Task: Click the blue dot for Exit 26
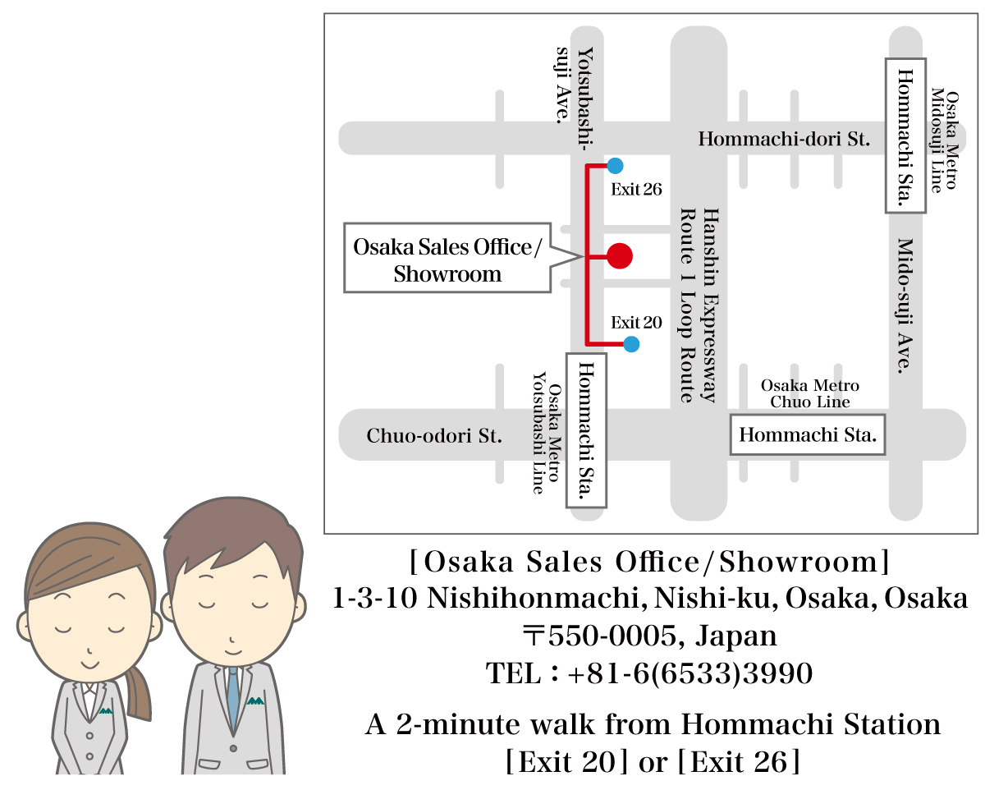(x=615, y=164)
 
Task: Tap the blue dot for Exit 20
(x=631, y=344)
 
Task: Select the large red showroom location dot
(x=620, y=256)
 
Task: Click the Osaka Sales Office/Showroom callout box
(x=447, y=258)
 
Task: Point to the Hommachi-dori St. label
(x=783, y=140)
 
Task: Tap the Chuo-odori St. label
(x=434, y=436)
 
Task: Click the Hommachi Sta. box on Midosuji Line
(x=905, y=135)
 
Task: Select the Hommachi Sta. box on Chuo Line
(x=809, y=434)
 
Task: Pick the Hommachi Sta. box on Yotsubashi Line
(x=586, y=430)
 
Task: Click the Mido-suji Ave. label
(x=905, y=306)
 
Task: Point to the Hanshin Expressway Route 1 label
(x=699, y=304)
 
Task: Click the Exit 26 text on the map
(x=636, y=190)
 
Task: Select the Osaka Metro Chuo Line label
(x=809, y=393)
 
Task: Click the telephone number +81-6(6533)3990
(x=689, y=674)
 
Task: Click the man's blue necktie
(x=234, y=697)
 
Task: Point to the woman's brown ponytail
(x=139, y=690)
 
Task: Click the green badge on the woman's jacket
(x=104, y=710)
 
